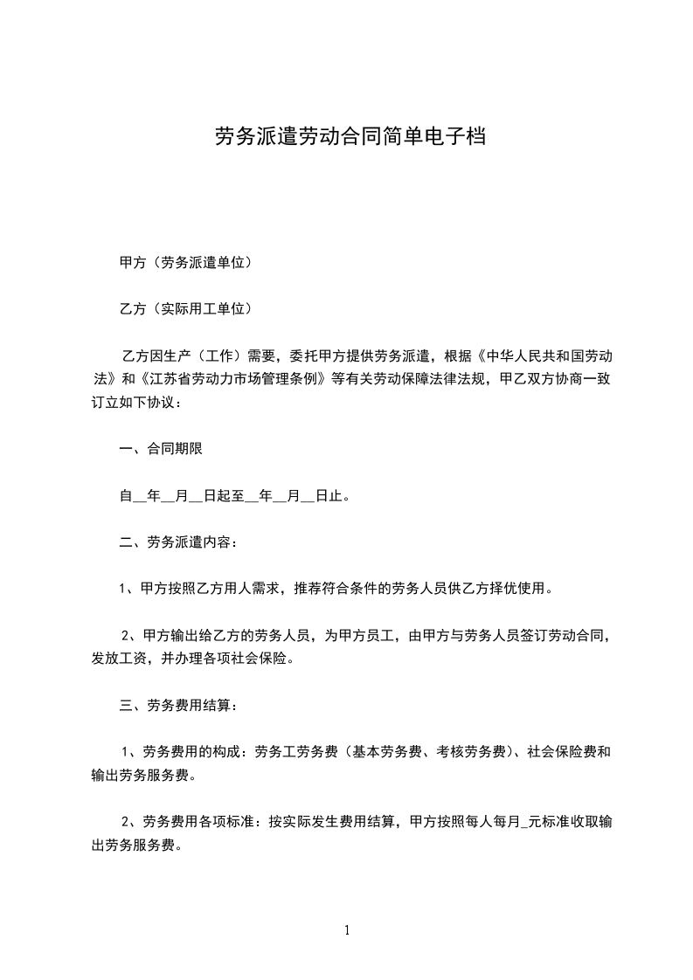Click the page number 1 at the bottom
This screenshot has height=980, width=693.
point(347,930)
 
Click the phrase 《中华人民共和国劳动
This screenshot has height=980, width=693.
point(540,355)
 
